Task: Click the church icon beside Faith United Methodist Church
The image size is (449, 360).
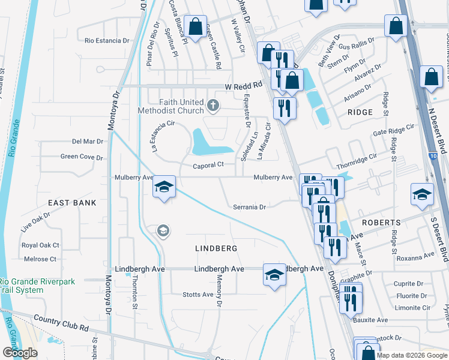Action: tap(212, 107)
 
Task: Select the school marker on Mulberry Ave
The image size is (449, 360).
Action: tap(164, 187)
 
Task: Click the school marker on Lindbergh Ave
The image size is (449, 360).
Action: tap(274, 275)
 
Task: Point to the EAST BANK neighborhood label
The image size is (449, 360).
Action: tap(73, 203)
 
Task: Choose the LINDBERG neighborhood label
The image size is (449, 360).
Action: tap(216, 248)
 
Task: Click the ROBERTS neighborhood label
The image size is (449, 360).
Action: tap(381, 222)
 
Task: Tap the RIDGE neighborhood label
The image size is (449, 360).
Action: tap(360, 112)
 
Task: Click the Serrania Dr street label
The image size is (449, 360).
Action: tap(250, 207)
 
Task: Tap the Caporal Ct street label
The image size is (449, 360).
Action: tap(208, 165)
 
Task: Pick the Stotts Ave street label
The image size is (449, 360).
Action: tap(198, 295)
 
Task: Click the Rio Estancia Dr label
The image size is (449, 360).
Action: tap(107, 41)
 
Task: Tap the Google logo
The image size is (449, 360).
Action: tap(20, 353)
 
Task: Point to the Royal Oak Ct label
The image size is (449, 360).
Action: tap(41, 245)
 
